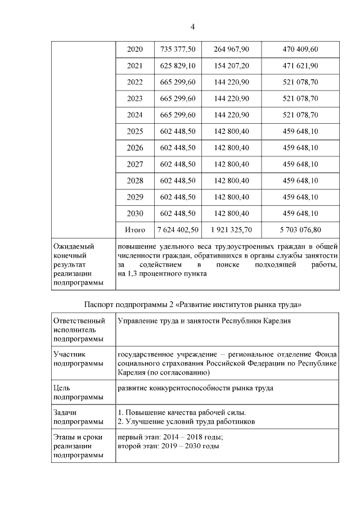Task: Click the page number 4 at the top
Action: coord(192,27)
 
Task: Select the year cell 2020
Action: coord(135,49)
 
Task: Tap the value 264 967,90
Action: coord(231,49)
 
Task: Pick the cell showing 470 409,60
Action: coord(300,49)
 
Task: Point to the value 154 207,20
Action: coord(231,66)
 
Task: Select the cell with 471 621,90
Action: coord(300,66)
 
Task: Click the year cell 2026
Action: coord(135,148)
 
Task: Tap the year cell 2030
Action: coord(135,214)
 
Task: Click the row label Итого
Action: coord(135,230)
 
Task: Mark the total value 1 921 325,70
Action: coord(231,230)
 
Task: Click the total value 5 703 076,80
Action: coord(300,230)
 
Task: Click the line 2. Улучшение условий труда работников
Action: coord(186,421)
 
